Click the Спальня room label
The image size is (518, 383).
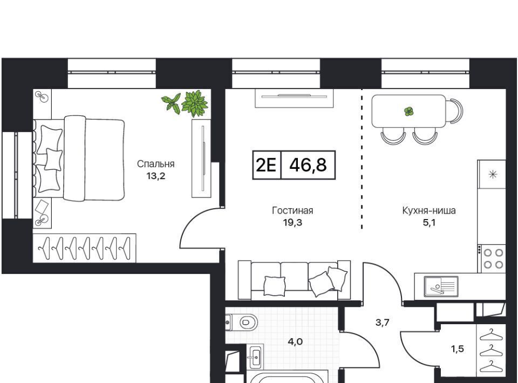tap(155, 164)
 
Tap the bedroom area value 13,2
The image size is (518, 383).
tap(156, 176)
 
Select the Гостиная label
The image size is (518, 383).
tap(292, 210)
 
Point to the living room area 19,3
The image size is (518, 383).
tap(292, 223)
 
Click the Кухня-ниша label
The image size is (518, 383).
tap(429, 210)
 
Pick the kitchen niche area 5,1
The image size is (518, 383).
tap(429, 223)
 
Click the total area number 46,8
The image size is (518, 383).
tap(308, 165)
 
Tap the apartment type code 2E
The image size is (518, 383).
tap(266, 165)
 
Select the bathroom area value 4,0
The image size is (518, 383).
tap(295, 341)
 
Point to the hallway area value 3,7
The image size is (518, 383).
tap(383, 322)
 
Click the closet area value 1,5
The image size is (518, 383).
tap(458, 348)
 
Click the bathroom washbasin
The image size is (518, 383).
tap(255, 357)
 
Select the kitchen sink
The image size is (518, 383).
tap(441, 286)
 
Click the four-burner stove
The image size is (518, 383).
tap(493, 258)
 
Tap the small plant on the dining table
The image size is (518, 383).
tap(409, 111)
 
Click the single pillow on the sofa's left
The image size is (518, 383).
tap(275, 286)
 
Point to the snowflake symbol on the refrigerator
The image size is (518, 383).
tap(493, 174)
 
